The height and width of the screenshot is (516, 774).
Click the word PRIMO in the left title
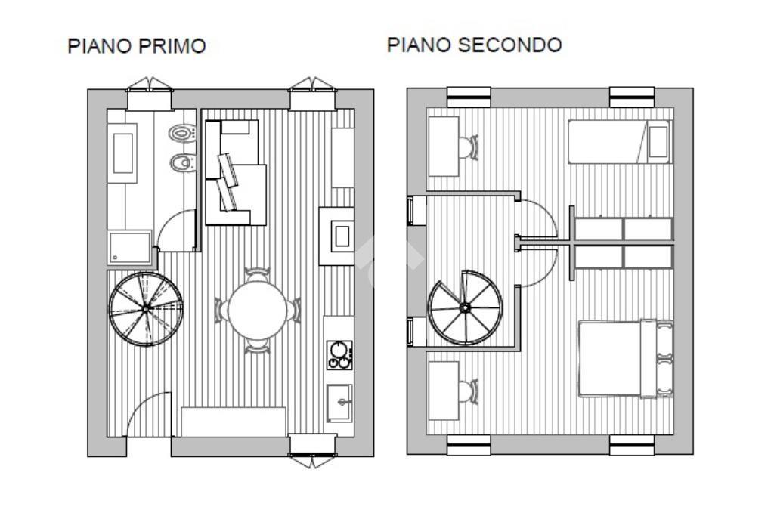click(172, 46)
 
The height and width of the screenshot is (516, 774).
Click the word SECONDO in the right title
click(510, 45)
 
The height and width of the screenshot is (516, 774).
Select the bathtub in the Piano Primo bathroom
click(122, 153)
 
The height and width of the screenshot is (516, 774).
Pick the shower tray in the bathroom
click(129, 246)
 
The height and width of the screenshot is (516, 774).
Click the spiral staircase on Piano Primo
click(146, 308)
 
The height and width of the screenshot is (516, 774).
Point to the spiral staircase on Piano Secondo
click(465, 307)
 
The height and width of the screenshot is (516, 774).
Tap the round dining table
click(257, 310)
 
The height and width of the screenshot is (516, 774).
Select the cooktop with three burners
click(339, 354)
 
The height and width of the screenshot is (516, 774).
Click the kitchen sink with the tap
click(339, 403)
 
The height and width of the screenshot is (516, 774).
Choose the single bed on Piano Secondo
click(620, 141)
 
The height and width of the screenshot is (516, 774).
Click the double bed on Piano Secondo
click(626, 359)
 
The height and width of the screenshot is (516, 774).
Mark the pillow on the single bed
click(658, 141)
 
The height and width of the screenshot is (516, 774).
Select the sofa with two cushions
click(236, 173)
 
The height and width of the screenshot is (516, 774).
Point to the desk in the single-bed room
click(444, 147)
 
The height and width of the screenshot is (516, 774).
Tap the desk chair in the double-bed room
click(468, 391)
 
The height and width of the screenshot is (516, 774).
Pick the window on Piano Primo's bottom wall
click(312, 446)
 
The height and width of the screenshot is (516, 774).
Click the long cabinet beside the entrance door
click(234, 422)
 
